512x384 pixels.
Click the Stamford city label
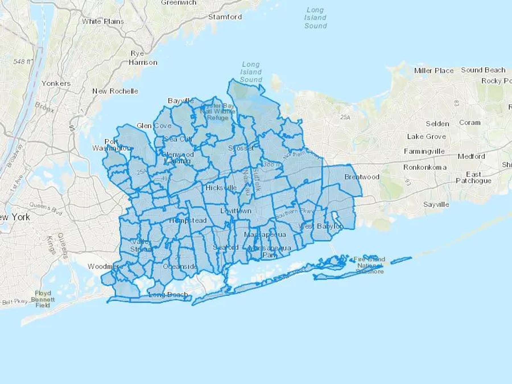click(225, 17)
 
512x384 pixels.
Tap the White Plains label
click(103, 21)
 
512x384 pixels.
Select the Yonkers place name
click(56, 83)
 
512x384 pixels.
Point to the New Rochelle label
click(115, 91)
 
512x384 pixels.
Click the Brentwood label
click(362, 177)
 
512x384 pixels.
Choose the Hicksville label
click(221, 188)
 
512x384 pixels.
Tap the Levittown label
click(236, 211)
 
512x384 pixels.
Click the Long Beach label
click(168, 294)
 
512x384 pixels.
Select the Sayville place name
click(436, 204)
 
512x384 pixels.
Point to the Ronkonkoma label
click(425, 167)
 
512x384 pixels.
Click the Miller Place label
click(434, 71)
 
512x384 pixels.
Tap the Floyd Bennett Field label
click(43, 299)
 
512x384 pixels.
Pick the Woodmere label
click(105, 267)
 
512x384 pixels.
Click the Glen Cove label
click(154, 125)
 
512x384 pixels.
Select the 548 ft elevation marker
click(22, 61)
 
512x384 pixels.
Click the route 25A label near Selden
click(345, 117)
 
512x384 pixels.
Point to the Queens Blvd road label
click(46, 208)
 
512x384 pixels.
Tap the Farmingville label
click(424, 151)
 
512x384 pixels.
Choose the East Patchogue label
click(473, 177)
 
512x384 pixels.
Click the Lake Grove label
click(426, 137)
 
